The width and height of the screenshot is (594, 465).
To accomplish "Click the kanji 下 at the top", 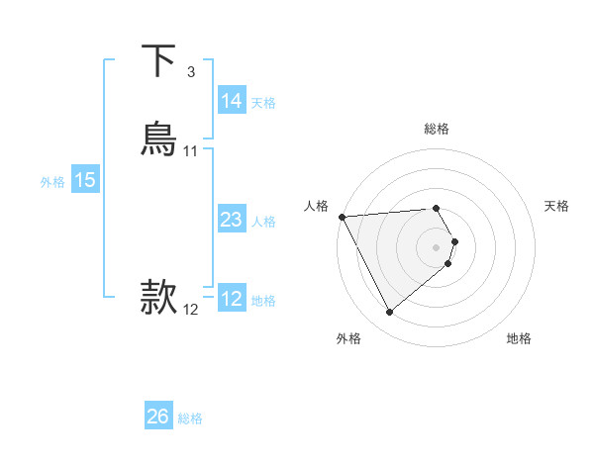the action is (158, 60).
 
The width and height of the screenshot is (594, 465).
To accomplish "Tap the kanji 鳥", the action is (158, 139).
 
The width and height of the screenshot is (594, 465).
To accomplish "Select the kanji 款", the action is (158, 297).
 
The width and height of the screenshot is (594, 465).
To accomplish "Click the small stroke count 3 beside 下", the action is (191, 72).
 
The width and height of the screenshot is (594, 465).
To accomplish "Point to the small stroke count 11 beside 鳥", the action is (191, 151).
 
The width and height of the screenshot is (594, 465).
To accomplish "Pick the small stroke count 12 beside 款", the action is (191, 310).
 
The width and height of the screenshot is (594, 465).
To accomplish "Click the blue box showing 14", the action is (232, 101).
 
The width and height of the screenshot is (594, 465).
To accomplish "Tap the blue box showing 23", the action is (232, 220).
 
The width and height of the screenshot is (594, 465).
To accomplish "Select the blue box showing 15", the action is (85, 180).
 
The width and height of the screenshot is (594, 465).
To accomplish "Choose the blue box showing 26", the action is (158, 417).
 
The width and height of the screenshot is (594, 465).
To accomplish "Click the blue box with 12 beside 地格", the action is (232, 299).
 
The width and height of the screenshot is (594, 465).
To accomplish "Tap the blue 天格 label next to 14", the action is (263, 102).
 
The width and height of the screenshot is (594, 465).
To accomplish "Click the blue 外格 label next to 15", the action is (52, 181).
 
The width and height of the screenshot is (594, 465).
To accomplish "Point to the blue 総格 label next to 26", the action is (190, 418).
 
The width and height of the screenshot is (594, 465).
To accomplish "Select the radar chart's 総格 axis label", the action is (437, 129).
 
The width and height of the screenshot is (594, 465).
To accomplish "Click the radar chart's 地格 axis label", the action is (519, 338).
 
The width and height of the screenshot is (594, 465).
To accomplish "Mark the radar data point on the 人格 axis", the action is (342, 217).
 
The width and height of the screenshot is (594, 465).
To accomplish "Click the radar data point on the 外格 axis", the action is (390, 313).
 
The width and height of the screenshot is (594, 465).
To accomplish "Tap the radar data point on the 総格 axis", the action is (436, 209).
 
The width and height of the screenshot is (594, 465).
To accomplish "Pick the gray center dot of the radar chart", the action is (437, 246).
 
